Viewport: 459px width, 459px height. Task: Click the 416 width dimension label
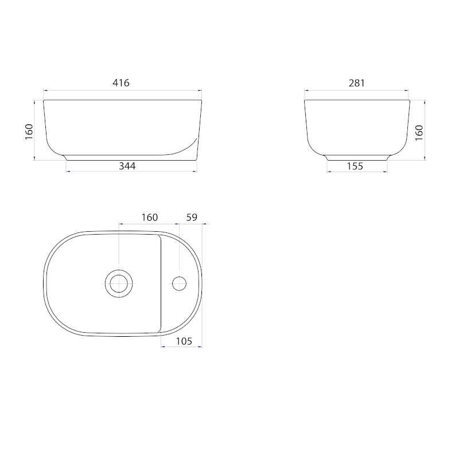[121, 83]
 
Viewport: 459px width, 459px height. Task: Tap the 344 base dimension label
[127, 166]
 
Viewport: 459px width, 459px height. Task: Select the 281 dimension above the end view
[357, 83]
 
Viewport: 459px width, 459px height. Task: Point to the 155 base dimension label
[355, 166]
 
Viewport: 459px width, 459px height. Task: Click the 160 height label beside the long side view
[29, 132]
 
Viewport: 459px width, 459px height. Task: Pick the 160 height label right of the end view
[419, 133]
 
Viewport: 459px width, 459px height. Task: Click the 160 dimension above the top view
[150, 217]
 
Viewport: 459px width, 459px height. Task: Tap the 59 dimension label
[192, 217]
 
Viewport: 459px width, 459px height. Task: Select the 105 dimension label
[184, 341]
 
